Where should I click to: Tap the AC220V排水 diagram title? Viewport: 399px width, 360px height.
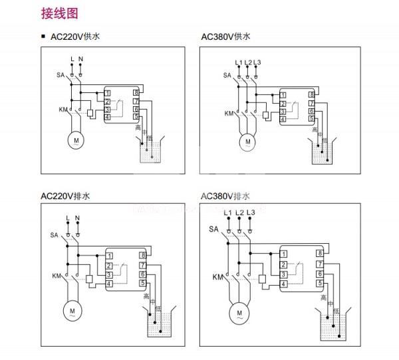pos(65,196)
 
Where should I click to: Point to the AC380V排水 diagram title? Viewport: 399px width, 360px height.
pos(225,196)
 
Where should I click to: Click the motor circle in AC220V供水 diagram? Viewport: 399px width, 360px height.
pos(76,140)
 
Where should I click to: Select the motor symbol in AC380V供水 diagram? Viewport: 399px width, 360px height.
pos(248,141)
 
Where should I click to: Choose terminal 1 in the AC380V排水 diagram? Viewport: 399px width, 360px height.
pos(283,253)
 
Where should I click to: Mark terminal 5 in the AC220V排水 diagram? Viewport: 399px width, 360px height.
pos(142,284)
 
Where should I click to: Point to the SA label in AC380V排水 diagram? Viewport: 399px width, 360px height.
pos(213,229)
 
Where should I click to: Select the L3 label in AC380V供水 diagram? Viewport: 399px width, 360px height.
pos(259,62)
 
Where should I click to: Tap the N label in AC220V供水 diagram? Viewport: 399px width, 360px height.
pos(80,59)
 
